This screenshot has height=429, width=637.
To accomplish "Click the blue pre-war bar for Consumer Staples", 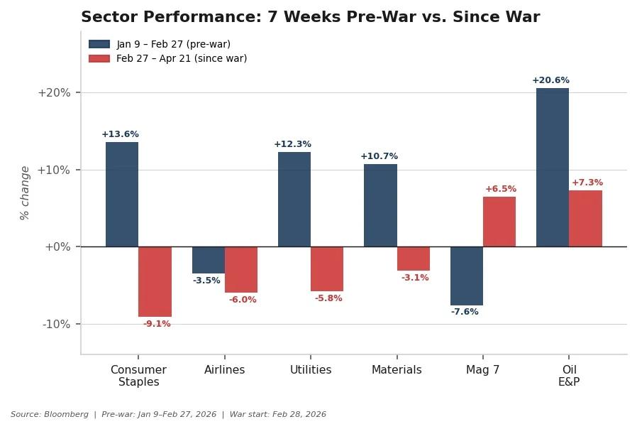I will (x=122, y=194).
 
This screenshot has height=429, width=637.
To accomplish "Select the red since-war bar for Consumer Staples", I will (x=155, y=281).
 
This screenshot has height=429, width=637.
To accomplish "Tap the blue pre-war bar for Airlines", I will (x=208, y=260).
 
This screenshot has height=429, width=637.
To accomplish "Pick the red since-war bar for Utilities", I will (x=327, y=268).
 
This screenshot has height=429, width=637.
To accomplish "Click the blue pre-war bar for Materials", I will (x=380, y=205).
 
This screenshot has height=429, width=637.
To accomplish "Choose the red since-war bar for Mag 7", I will (x=499, y=222).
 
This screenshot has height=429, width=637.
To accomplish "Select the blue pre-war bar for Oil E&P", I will (x=553, y=167).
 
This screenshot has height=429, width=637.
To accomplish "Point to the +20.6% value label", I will (x=550, y=80).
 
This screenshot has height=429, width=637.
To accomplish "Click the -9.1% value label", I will (x=157, y=324).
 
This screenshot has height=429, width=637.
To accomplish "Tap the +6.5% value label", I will (x=501, y=189).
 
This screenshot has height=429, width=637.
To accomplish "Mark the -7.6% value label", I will (x=465, y=312).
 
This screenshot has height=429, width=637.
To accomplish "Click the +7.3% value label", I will (x=587, y=183).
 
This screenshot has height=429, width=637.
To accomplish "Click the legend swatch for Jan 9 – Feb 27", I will (x=99, y=44).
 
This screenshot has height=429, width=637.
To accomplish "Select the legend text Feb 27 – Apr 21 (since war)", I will (x=182, y=59).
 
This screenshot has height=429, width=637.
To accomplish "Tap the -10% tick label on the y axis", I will (x=56, y=324).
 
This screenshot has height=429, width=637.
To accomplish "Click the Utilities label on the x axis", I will (x=311, y=370).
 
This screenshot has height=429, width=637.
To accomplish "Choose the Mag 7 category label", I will (x=482, y=370).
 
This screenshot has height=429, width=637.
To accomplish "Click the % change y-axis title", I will (x=25, y=193).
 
